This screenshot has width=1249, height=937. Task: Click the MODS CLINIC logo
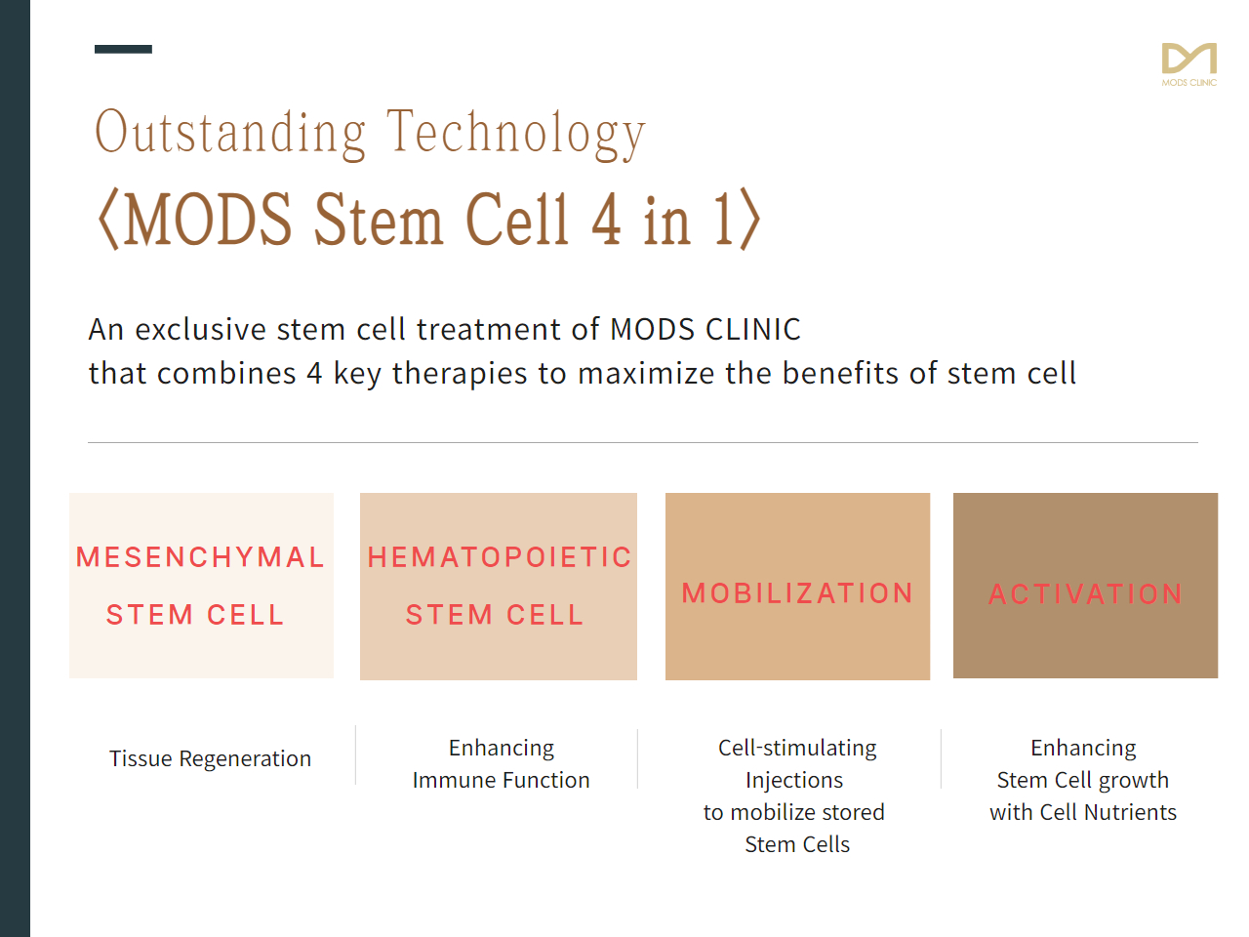point(1189,64)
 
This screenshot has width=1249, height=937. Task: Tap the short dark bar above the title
point(123,49)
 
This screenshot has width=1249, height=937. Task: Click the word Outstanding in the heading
point(230,133)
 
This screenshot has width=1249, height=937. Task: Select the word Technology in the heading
point(516,134)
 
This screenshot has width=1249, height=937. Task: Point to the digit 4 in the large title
point(607,219)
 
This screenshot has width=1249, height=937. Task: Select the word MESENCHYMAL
point(200,557)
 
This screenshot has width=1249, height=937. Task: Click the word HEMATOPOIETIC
point(499,557)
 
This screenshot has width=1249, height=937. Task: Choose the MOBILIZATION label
point(797,593)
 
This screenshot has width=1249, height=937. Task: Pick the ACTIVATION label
point(1086,594)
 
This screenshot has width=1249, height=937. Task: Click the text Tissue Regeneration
point(210,759)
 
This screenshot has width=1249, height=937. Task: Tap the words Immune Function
point(501,780)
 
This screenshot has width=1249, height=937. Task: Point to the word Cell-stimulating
point(797,749)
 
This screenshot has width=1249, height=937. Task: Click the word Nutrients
point(1130,812)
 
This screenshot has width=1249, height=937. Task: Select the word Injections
point(794,781)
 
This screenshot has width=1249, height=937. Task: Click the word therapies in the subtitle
point(460,375)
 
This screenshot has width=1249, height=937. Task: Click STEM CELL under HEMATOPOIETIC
point(495,615)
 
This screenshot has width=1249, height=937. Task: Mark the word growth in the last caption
point(1134,781)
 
